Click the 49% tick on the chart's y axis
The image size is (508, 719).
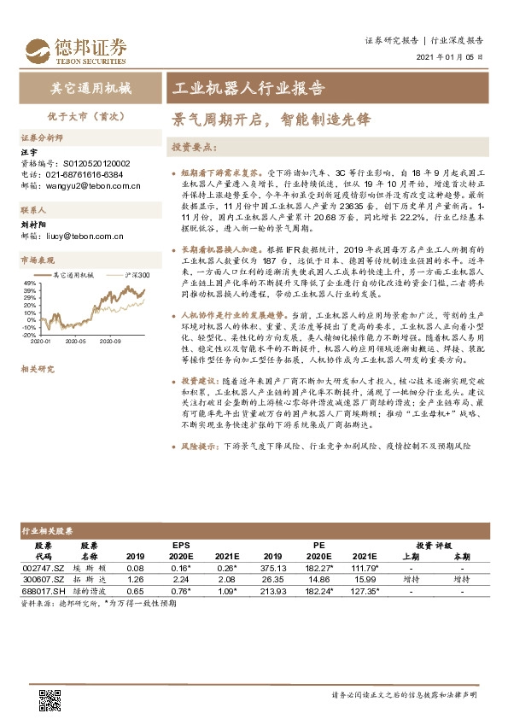(30, 283)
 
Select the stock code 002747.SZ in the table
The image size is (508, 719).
(43, 567)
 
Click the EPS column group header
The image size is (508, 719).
(181, 543)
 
